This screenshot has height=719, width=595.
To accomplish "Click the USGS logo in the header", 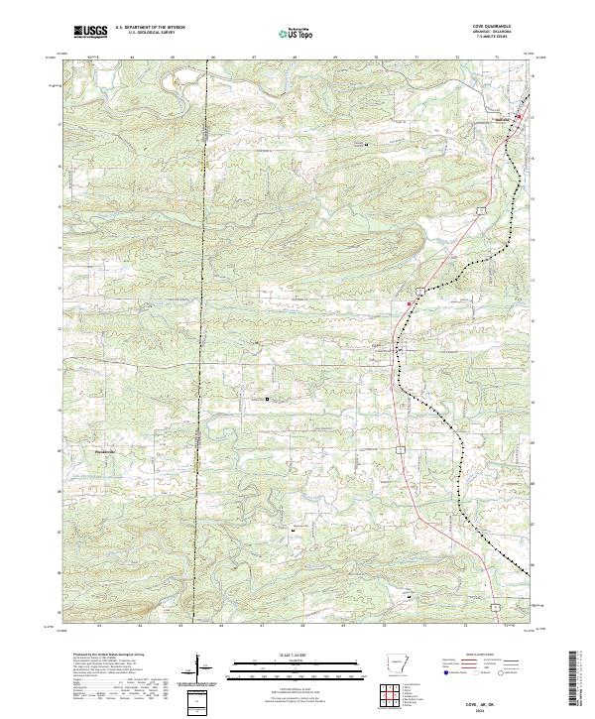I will point(90,33).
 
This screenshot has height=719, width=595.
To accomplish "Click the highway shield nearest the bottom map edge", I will point(492,602).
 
